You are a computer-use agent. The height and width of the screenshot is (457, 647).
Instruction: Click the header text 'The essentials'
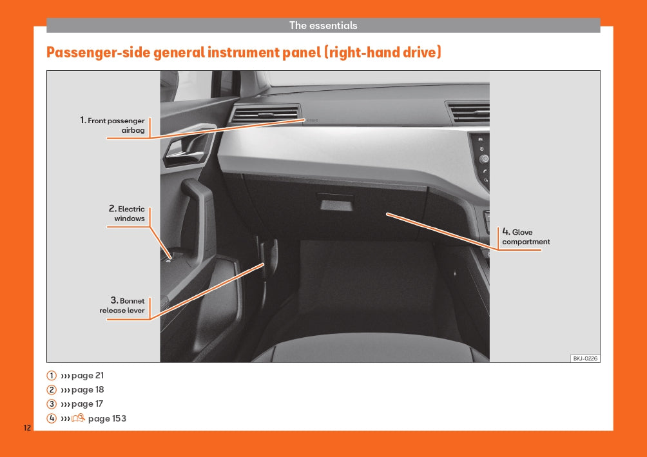point(323,26)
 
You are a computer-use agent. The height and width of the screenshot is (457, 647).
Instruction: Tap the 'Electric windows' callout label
point(127,213)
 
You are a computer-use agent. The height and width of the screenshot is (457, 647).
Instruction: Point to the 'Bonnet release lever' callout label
point(122,306)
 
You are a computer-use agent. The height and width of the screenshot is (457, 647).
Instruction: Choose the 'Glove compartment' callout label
point(526,237)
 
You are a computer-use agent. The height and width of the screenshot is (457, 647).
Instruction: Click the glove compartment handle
point(336,202)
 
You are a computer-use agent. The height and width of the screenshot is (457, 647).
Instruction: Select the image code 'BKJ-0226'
point(585,358)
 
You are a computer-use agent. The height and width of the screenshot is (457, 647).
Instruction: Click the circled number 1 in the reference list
point(52,376)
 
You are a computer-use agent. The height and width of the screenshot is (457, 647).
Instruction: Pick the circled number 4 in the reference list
point(52,418)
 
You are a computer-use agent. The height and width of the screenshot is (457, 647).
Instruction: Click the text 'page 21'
point(88,376)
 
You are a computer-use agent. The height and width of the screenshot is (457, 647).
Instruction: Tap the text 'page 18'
point(88,390)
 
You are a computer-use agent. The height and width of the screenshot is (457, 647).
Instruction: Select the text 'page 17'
point(87,404)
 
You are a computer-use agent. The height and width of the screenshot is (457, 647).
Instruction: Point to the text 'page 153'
point(107,418)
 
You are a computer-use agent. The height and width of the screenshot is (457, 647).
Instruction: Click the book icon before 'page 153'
point(79,418)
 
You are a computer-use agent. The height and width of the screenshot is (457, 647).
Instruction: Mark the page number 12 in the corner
point(27,428)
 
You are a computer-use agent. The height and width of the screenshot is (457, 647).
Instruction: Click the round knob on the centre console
point(484,159)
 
